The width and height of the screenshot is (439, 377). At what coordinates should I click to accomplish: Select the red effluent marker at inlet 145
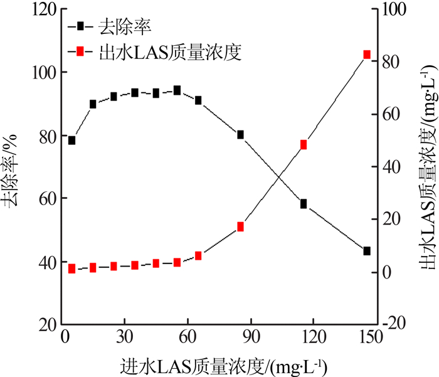pos(367,55)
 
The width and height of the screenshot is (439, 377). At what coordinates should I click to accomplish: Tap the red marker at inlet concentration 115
pos(304,144)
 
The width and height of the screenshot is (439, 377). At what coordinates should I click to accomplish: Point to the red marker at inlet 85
pos(240,226)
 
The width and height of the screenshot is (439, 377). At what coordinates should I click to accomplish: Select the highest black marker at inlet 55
pos(177,90)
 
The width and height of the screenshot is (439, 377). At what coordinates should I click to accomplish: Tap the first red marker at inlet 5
pos(71,268)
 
